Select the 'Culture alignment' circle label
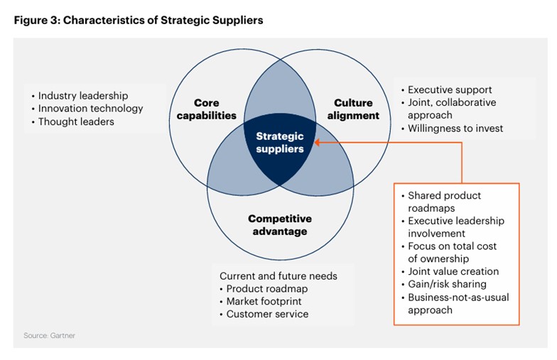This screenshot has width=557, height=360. [353, 109]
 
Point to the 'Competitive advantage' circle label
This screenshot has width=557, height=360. [279, 225]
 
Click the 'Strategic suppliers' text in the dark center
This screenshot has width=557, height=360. [279, 142]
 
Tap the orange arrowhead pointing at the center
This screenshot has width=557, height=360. [318, 142]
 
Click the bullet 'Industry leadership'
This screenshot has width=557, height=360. [82, 96]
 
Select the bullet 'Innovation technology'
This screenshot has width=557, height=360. [90, 109]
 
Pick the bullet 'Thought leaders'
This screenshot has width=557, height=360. [76, 121]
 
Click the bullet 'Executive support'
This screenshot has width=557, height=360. [449, 90]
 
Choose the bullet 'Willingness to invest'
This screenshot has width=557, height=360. [455, 129]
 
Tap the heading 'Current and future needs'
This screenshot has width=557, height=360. [278, 276]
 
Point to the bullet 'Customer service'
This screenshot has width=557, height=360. [267, 314]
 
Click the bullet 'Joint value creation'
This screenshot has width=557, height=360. [453, 271]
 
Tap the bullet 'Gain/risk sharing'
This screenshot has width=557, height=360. [446, 284]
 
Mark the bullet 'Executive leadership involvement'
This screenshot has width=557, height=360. [455, 227]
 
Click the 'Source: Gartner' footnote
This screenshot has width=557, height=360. [49, 335]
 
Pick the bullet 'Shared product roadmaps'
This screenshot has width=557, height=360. [444, 202]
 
